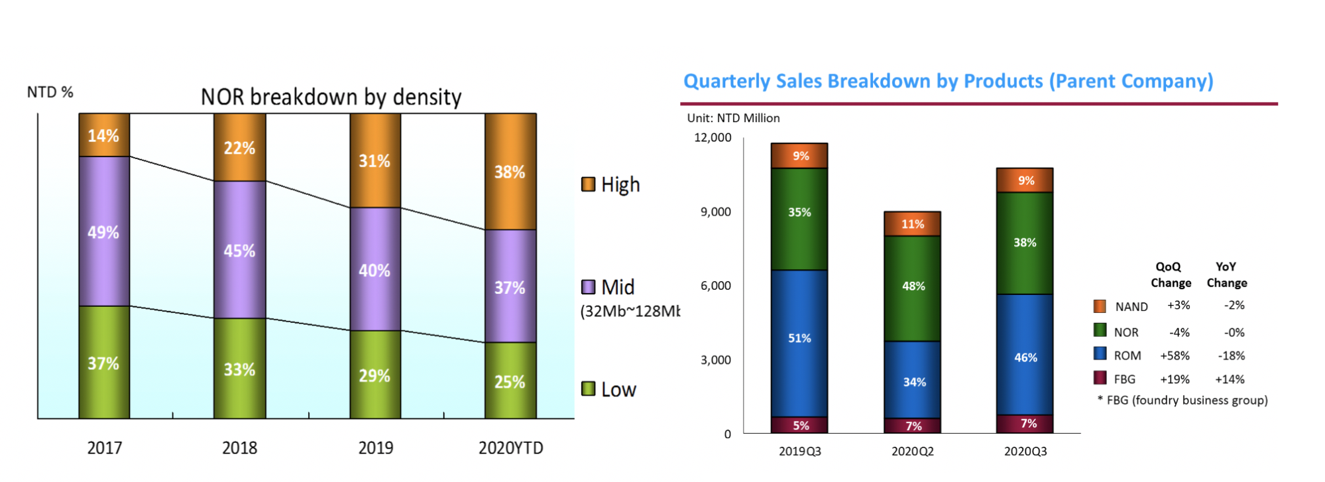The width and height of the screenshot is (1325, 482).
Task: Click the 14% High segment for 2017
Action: [104, 135]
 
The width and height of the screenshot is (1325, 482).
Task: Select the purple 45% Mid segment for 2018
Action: [239, 250]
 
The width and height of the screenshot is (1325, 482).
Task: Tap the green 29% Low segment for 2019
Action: [374, 375]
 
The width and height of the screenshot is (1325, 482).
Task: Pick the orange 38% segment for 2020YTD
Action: [510, 172]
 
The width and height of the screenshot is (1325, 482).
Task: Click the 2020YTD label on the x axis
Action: [510, 448]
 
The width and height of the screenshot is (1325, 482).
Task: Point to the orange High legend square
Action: [588, 184]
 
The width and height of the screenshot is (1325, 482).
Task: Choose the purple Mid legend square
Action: [588, 287]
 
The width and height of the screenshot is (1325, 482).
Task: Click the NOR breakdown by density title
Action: [331, 97]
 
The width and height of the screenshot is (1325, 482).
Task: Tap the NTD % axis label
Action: [50, 92]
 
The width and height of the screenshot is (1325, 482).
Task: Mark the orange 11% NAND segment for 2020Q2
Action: [913, 224]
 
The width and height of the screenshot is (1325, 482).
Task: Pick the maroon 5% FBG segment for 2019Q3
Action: [800, 425]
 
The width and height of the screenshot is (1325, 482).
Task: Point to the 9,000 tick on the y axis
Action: [715, 212]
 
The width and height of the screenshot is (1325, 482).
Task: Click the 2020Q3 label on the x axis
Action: [1025, 452]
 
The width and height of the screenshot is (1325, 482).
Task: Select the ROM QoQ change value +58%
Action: [1175, 356]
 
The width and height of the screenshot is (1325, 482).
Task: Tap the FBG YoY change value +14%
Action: [1230, 379]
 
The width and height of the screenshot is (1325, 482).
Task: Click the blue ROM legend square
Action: [1100, 353]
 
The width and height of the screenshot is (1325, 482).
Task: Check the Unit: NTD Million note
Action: [733, 118]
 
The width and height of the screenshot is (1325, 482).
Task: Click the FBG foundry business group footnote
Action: [1182, 400]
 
